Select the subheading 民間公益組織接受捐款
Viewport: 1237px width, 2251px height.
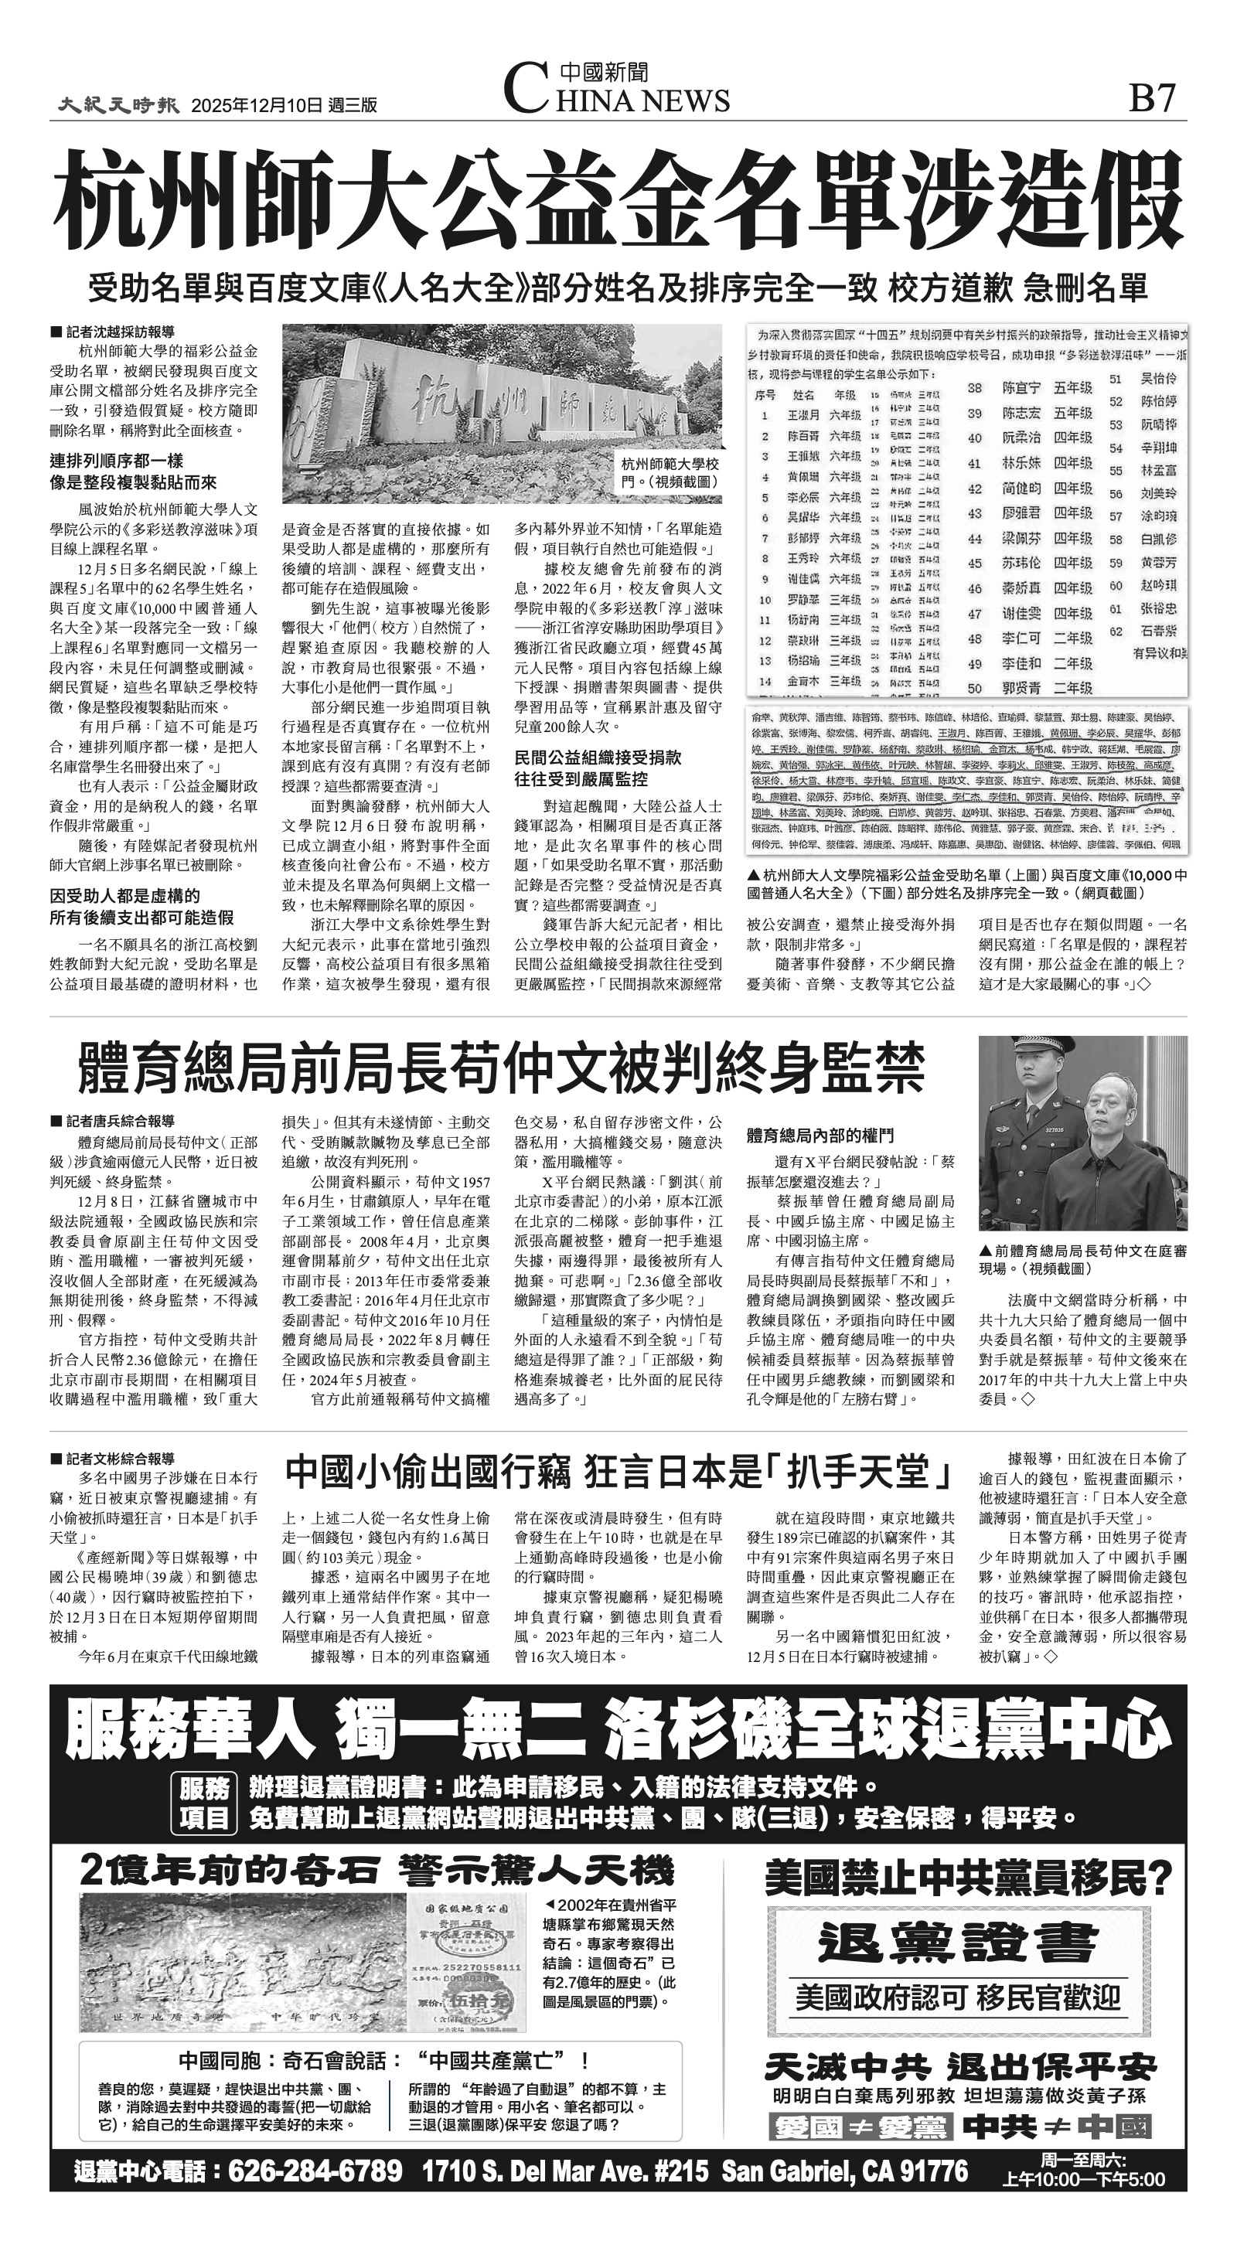click(598, 757)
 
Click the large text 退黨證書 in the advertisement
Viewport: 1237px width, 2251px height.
click(957, 1943)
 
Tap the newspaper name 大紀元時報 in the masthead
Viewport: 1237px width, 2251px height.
click(119, 105)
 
